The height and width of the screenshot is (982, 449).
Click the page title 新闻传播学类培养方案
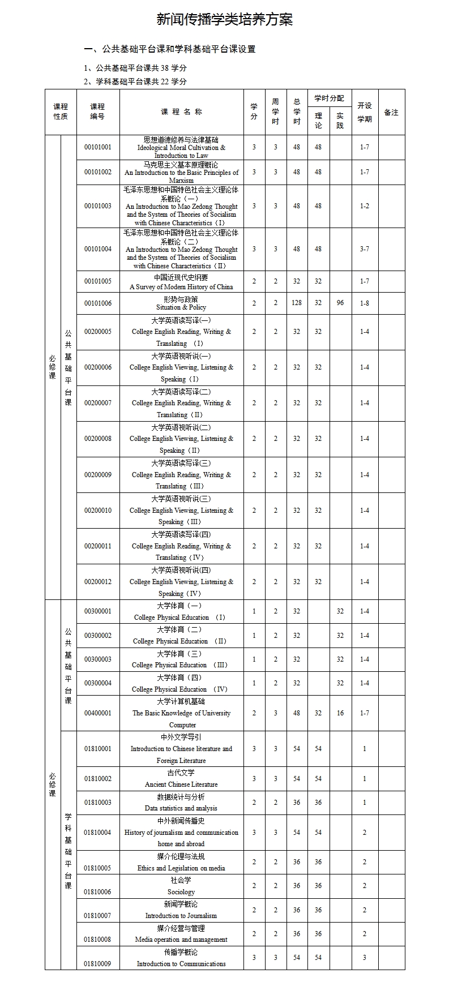point(224,20)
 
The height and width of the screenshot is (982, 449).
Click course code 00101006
point(98,303)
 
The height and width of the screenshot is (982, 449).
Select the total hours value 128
point(297,303)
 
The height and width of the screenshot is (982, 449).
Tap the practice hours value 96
point(340,303)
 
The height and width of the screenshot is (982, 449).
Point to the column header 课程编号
point(97,112)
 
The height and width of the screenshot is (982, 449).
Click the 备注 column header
point(391,112)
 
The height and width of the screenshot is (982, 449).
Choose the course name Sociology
point(181,892)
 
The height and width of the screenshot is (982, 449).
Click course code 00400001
point(98,713)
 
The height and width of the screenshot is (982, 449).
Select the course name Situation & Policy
point(181,307)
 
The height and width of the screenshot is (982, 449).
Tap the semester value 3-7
point(365,249)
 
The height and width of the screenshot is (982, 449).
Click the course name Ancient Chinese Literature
point(181,784)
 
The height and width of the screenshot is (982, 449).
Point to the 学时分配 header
point(329,98)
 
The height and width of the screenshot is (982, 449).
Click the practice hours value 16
point(340,713)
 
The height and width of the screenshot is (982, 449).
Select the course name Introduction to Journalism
point(181,916)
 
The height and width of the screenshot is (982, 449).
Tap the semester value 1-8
point(365,303)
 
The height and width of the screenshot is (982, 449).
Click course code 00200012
point(98,582)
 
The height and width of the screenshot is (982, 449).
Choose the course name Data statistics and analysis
point(181,808)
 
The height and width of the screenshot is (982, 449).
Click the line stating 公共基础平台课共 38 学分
point(136,68)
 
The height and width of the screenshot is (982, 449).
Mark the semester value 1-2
point(365,206)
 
